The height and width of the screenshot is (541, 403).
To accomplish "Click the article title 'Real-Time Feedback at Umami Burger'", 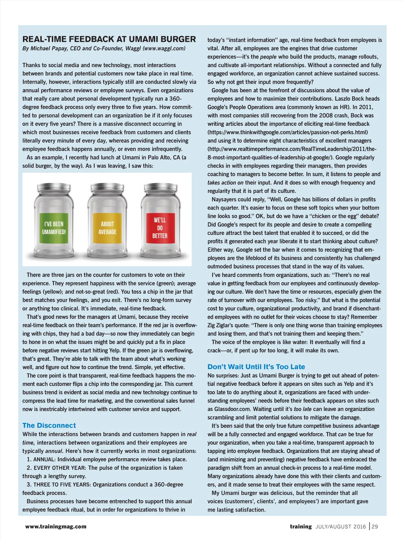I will pyautogui.click(x=109, y=39).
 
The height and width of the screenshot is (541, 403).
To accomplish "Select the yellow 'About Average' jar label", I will pyautogui.click(x=107, y=228).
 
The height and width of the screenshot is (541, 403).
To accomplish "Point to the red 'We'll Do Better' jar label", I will pyautogui.click(x=160, y=228).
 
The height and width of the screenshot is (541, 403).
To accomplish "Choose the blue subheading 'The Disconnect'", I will pyautogui.click(x=49, y=425).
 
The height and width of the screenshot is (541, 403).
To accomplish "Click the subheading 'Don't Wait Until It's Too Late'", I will pyautogui.click(x=256, y=367).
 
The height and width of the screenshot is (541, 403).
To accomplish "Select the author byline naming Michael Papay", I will pyautogui.click(x=104, y=48).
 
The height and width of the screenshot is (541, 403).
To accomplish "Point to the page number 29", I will pyautogui.click(x=375, y=526).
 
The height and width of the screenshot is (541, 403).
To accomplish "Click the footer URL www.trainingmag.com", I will pyautogui.click(x=56, y=526).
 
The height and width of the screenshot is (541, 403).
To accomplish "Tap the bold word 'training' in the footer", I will pyautogui.click(x=301, y=526).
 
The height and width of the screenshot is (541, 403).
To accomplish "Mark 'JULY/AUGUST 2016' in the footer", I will pyautogui.click(x=340, y=527).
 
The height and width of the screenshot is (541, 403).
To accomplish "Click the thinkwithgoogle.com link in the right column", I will pyautogui.click(x=288, y=132).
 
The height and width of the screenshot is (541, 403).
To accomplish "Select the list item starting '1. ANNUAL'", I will pyautogui.click(x=107, y=459).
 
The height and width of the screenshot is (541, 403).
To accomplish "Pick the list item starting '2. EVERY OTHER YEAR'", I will pyautogui.click(x=105, y=468).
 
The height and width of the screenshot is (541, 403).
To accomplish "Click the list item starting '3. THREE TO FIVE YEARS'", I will pyautogui.click(x=105, y=484).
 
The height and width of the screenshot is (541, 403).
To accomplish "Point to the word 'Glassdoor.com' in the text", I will pyautogui.click(x=233, y=409).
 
